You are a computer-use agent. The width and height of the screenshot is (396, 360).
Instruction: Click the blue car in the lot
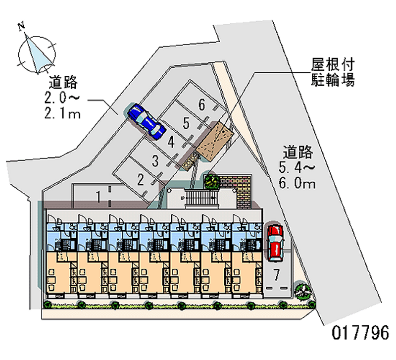click(x=146, y=121)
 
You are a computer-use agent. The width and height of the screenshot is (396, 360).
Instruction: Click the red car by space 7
click(x=275, y=242)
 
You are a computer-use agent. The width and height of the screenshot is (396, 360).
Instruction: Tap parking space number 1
click(x=99, y=197)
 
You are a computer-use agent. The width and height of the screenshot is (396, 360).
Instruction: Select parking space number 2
click(x=141, y=179)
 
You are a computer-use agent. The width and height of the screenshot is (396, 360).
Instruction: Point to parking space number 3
click(x=155, y=160)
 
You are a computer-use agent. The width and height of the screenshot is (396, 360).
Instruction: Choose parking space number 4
click(x=170, y=142)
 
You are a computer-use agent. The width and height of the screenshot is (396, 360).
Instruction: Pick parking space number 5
click(x=186, y=123)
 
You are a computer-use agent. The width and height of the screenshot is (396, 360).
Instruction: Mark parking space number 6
click(x=201, y=104)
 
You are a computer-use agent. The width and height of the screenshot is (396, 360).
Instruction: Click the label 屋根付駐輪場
click(x=333, y=72)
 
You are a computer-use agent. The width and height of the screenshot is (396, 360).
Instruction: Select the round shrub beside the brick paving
click(x=212, y=181)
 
